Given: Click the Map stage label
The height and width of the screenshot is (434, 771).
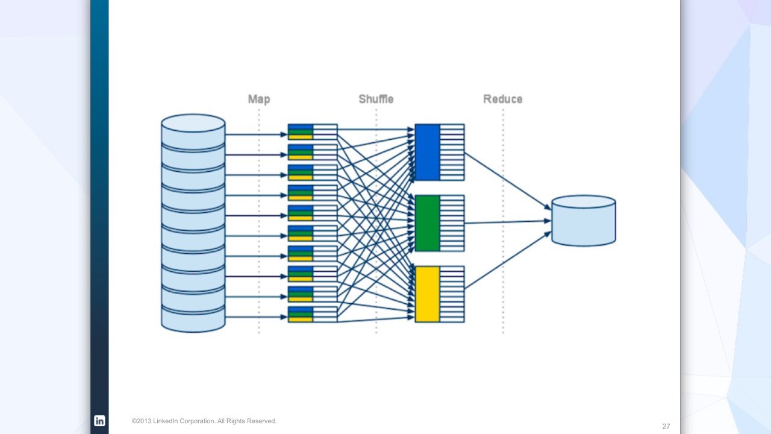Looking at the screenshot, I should click(259, 99).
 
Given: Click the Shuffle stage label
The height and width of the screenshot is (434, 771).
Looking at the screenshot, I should click(376, 99).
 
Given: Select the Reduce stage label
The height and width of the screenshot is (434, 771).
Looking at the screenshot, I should click(502, 99).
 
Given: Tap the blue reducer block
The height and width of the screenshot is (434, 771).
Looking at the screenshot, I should click(428, 152).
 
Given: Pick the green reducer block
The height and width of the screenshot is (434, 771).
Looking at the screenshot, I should click(428, 223).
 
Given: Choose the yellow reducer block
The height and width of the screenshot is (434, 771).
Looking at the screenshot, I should click(428, 294).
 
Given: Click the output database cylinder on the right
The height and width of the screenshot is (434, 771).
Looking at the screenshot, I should click(584, 221).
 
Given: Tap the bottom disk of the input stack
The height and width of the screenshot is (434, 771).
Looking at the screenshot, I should click(193, 319).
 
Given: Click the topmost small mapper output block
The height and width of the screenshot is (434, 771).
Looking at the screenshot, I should click(312, 131).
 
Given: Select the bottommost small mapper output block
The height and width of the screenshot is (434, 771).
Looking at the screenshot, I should click(312, 314).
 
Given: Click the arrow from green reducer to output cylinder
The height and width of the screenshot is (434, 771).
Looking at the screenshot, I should click(508, 222).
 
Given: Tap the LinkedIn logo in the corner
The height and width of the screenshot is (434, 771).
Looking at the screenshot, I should click(99, 421).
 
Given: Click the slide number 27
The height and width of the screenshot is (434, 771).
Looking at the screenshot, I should click(666, 426).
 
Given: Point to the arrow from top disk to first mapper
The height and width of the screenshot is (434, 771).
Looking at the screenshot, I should click(256, 134).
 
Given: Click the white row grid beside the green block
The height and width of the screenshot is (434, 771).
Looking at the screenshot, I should click(452, 223).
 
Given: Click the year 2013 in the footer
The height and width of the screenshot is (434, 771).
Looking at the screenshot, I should click(145, 421).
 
